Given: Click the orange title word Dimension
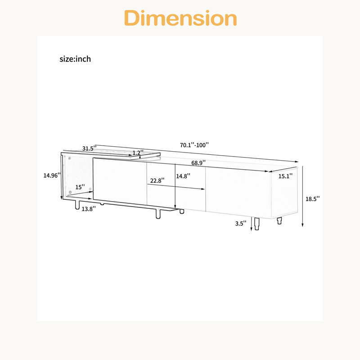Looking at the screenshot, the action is coord(180,18).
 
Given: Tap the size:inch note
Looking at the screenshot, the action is coord(75,59).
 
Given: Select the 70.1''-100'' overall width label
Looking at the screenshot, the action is coord(194,145).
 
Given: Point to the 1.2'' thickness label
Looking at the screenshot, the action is coord(138,153).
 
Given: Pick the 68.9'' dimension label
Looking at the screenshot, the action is coord(198,163).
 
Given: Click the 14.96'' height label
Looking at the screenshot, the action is coord(52,175).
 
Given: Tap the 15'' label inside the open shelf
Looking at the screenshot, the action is coord(80,187).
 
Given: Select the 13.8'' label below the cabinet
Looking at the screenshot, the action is coord(89,209).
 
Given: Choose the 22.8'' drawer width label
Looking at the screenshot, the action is coord(157,181).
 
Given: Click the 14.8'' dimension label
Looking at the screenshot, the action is coord(183,176).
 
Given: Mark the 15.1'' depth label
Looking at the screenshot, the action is coord(285,176).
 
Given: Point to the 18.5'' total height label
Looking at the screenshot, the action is coord(312,199).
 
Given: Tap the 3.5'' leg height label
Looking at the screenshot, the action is coord(241,223).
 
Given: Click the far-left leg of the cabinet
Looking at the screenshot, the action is coord(77,204).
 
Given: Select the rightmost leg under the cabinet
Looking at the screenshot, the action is coord(279,220).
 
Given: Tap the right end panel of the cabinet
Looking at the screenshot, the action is coord(284,193).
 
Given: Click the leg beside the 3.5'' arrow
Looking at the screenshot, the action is coord(257,224).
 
